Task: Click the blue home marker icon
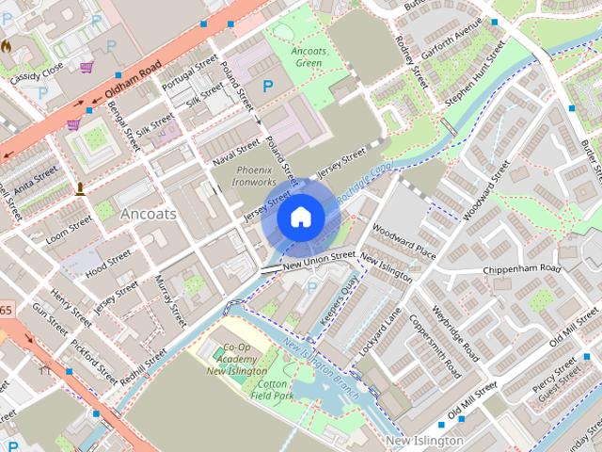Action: [300, 218]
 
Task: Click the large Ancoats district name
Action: [148, 214]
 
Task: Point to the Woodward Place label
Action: [404, 241]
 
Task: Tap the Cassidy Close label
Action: [35, 74]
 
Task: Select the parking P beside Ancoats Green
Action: [267, 86]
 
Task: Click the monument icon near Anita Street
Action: [80, 188]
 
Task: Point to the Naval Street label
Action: [235, 150]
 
